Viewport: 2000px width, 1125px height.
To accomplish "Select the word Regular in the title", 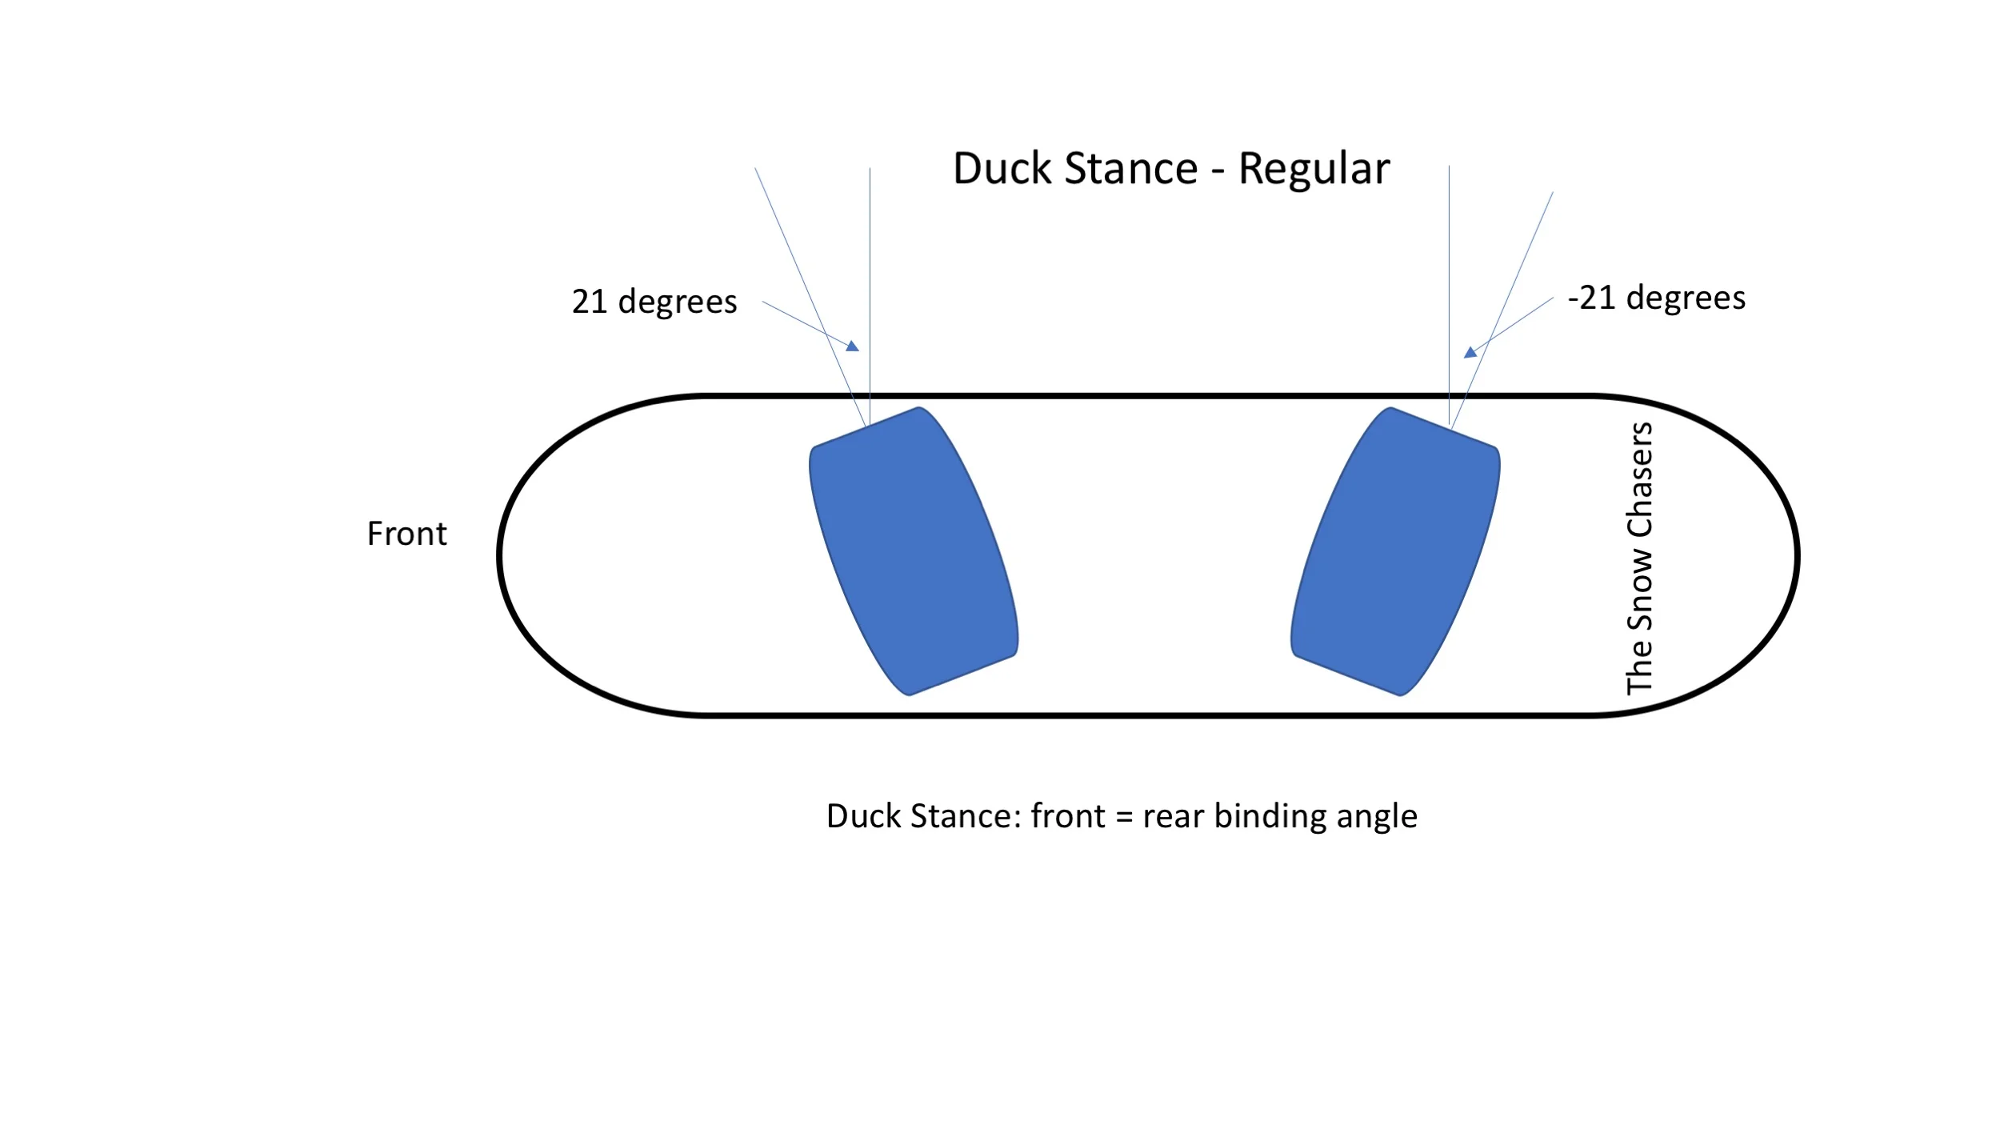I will pos(1314,170).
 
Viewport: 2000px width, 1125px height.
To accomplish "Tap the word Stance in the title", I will pos(1131,169).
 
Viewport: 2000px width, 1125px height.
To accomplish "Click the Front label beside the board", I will pos(406,534).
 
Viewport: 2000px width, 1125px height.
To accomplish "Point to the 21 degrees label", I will pos(654,302).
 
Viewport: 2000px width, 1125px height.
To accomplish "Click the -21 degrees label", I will pos(1656,298).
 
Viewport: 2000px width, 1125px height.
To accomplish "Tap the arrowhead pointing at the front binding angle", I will pos(853,346).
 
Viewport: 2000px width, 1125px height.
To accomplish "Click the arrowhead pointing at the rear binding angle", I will pos(1470,352).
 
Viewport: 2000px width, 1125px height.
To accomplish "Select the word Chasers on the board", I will pos(1639,480).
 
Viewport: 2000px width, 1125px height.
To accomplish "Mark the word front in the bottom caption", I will pos(1069,816).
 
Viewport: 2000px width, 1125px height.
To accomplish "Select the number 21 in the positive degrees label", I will pos(590,302).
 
